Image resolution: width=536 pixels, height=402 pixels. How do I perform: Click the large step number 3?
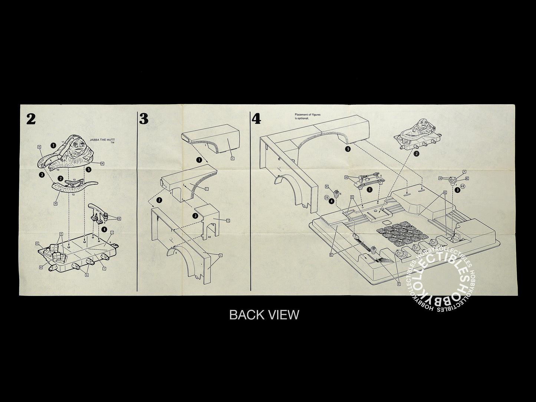(x=144, y=119)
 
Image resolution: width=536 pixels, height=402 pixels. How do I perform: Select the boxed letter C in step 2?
(x=37, y=243)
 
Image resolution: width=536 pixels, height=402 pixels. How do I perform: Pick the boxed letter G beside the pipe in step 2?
(x=119, y=218)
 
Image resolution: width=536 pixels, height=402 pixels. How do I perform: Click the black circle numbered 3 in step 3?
(x=195, y=215)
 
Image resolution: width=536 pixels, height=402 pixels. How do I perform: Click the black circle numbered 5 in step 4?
(x=348, y=149)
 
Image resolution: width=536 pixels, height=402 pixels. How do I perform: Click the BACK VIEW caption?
(x=264, y=314)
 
